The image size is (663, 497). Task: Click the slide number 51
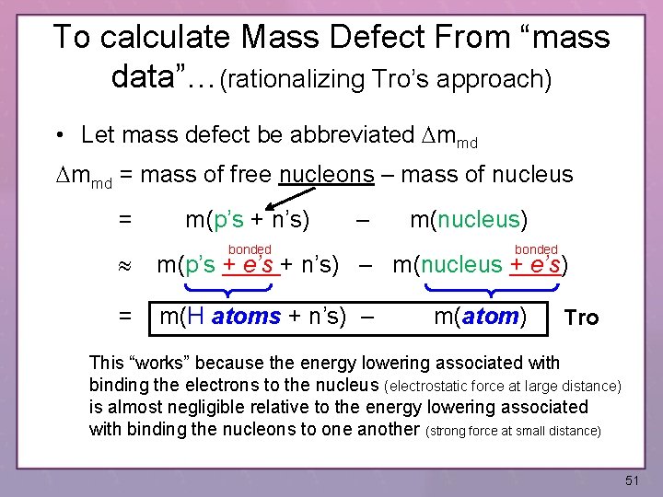631,480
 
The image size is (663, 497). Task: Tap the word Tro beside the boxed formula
581,318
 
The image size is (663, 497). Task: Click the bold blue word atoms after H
246,318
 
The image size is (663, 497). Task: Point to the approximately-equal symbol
126,267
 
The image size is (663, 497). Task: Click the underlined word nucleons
328,174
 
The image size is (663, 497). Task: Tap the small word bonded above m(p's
250,249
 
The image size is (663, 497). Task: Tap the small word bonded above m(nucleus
536,249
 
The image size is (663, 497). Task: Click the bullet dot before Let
58,136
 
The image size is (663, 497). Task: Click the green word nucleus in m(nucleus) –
479,219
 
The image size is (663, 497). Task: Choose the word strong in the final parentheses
456,430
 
